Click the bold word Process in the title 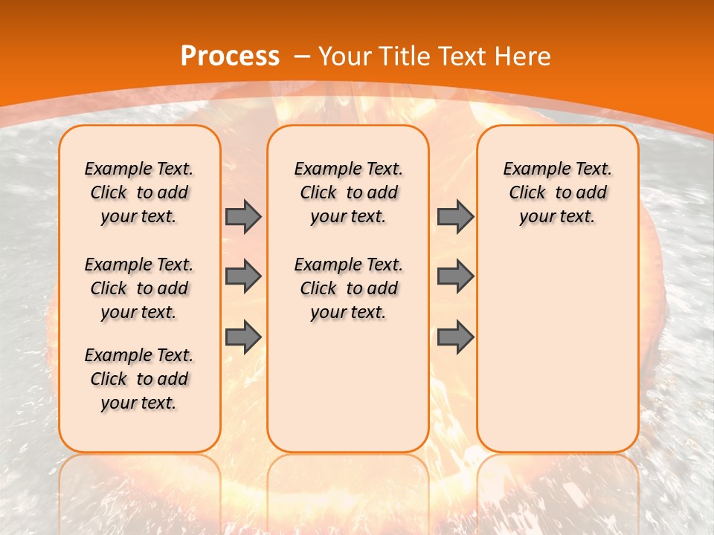tap(230, 56)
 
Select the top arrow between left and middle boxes tap(243, 216)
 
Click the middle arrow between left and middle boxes tap(243, 276)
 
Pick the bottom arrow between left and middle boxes tap(243, 337)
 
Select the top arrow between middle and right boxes tap(455, 216)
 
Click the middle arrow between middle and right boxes tap(455, 276)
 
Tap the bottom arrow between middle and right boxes tap(455, 337)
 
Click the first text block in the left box tap(139, 192)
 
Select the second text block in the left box tap(139, 288)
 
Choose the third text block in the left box tap(139, 379)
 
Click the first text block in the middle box tap(348, 192)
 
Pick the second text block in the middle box tap(348, 288)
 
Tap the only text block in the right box tap(557, 192)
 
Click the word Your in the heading tap(346, 56)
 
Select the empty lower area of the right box tap(557, 342)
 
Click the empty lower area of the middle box tap(348, 386)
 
